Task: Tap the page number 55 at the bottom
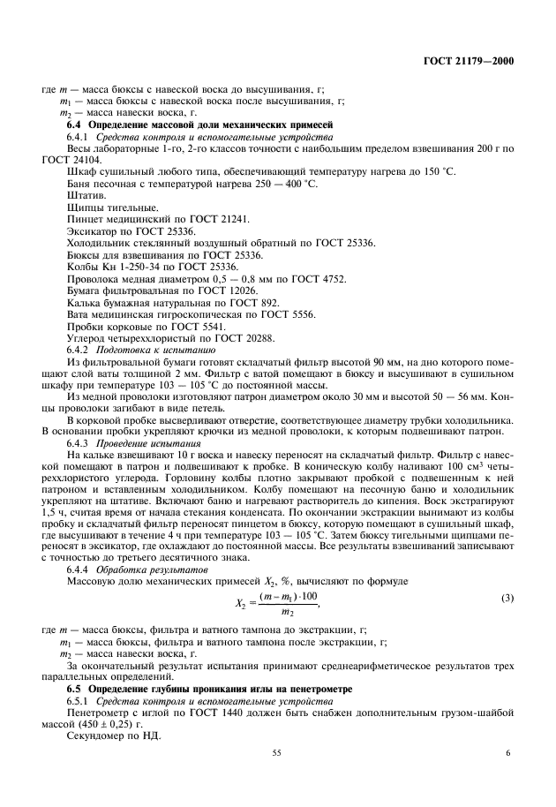click(276, 752)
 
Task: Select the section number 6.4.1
click(79, 139)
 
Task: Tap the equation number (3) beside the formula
click(507, 599)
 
